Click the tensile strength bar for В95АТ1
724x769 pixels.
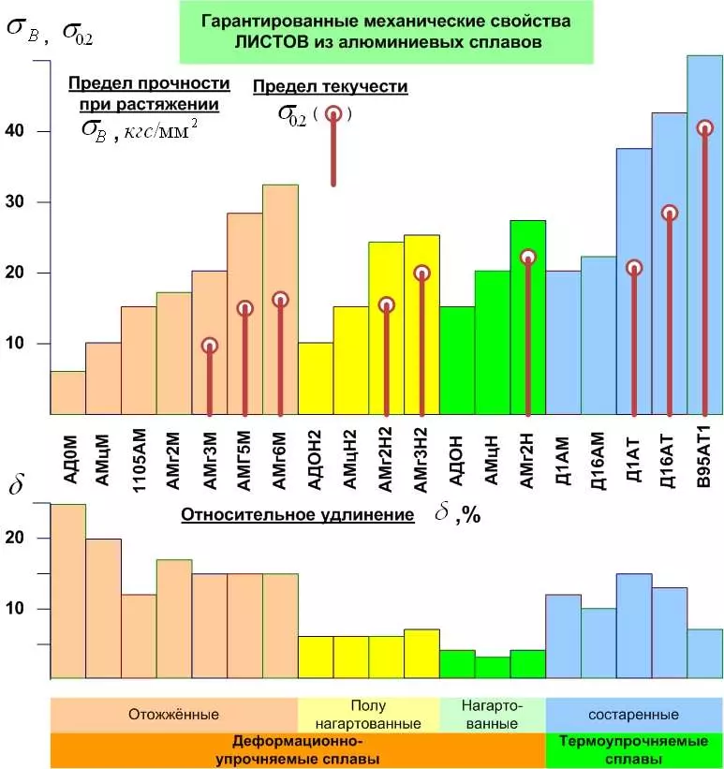point(704,234)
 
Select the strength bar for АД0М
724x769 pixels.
point(67,392)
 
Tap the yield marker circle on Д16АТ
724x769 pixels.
point(669,214)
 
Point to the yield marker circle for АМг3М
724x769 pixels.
point(209,346)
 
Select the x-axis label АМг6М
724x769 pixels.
point(280,456)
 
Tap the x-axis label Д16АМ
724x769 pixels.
point(598,456)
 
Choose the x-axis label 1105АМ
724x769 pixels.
point(139,456)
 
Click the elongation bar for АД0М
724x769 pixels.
point(67,590)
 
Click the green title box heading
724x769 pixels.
point(386,32)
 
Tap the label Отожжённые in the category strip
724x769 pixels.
point(174,715)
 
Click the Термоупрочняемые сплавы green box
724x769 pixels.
point(633,750)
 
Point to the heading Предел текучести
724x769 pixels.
point(331,87)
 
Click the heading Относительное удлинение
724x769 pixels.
point(297,515)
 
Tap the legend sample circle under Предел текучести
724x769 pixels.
point(332,114)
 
